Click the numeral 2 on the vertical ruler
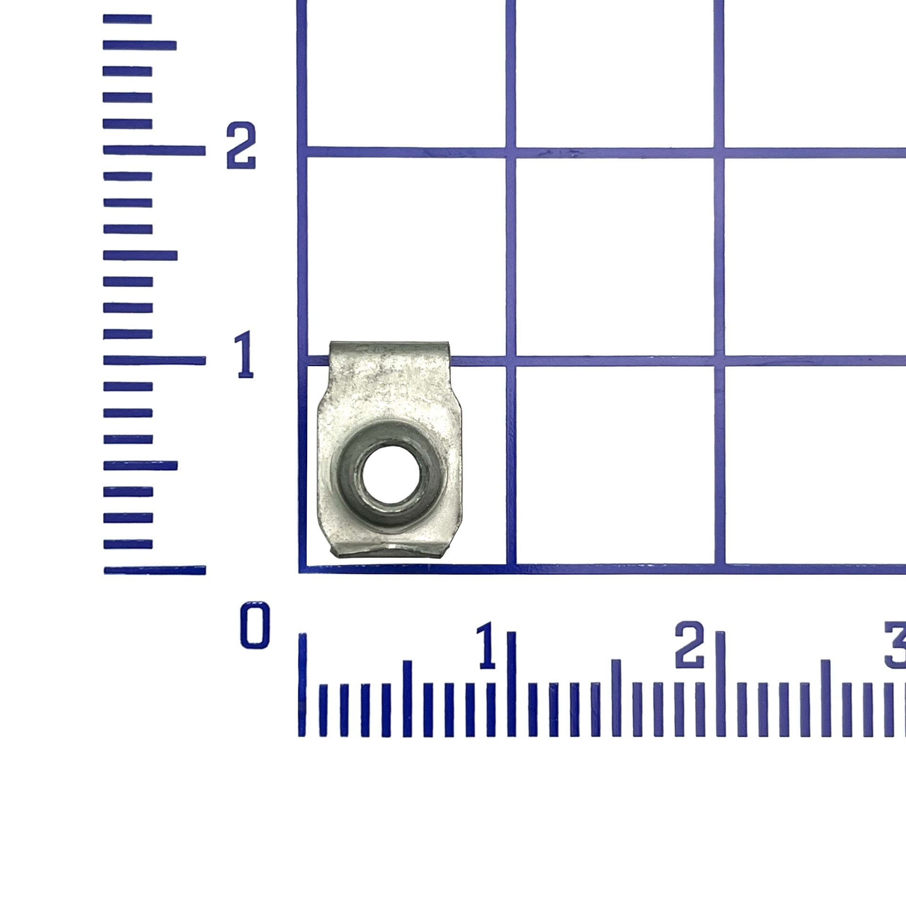pyautogui.click(x=241, y=145)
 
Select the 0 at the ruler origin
pyautogui.click(x=255, y=625)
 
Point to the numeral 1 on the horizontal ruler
pyautogui.click(x=487, y=645)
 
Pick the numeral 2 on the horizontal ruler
pyautogui.click(x=690, y=645)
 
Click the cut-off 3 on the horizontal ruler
pyautogui.click(x=895, y=645)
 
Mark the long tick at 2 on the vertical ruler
pyautogui.click(x=154, y=151)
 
